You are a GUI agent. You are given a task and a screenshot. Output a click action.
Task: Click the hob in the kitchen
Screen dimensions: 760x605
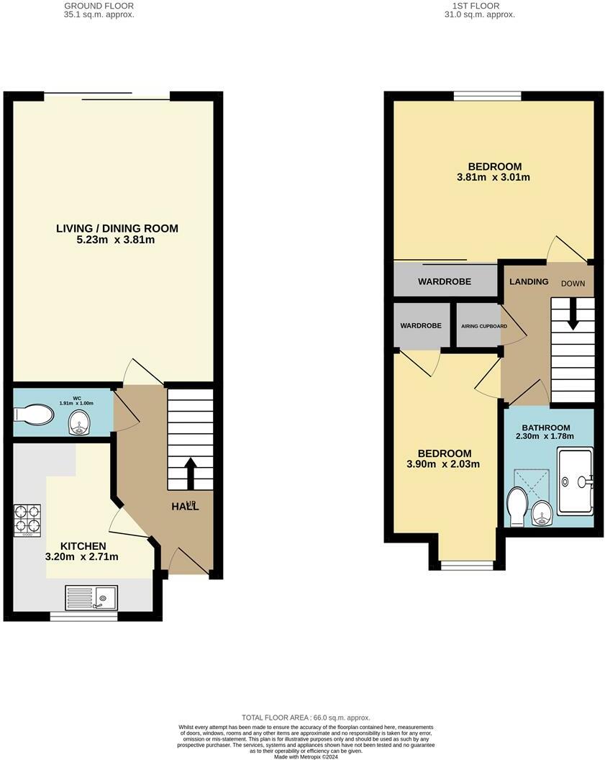tap(27, 520)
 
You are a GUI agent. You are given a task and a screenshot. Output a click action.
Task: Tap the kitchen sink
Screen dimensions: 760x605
tap(91, 597)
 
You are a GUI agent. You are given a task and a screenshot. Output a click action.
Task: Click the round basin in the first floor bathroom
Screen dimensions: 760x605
tap(542, 513)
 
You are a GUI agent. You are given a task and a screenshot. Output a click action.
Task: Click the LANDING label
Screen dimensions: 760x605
tap(529, 281)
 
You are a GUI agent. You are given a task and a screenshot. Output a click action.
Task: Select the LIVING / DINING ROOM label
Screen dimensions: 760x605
tap(117, 229)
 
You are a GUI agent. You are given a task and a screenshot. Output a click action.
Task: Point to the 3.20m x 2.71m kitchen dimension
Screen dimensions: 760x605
tap(82, 556)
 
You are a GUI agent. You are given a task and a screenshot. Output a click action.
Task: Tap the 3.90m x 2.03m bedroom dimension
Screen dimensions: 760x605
tap(445, 463)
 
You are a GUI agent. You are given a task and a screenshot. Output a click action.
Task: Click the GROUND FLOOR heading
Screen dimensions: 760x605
tap(99, 5)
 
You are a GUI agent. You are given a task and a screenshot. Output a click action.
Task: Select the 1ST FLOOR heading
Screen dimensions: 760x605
tap(479, 5)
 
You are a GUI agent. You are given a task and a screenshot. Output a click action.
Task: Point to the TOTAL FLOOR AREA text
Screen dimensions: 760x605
tap(306, 718)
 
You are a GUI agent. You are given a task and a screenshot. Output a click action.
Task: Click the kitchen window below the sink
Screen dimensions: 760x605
tap(83, 616)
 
